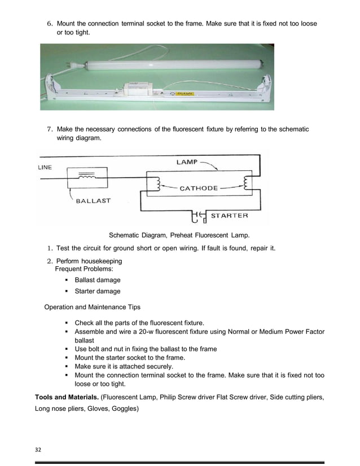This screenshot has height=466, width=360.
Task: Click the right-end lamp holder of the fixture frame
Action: (264, 91)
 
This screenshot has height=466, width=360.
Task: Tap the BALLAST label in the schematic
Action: (93, 200)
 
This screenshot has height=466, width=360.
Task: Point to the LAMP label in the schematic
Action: (187, 162)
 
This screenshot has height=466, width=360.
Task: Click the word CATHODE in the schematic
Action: (198, 188)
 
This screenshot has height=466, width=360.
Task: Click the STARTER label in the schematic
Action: (229, 216)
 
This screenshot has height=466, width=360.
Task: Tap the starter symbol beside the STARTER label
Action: (199, 216)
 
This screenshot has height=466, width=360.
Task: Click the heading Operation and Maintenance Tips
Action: (92, 307)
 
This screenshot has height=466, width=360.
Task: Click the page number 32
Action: (39, 450)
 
